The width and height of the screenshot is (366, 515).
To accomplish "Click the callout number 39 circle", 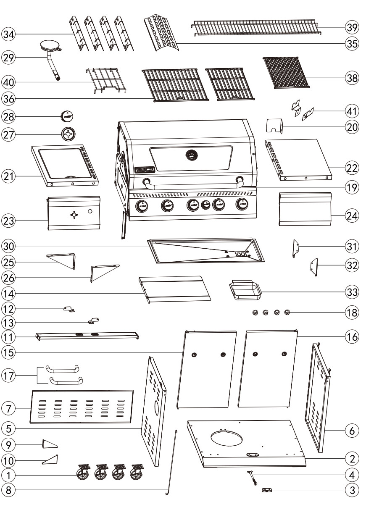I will point(351,27).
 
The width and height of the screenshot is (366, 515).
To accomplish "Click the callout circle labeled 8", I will point(8,489).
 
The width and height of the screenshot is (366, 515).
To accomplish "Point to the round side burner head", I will point(50,46).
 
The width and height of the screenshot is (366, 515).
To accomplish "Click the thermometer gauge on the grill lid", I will point(192,156).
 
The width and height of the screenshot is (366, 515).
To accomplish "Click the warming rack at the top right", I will point(255,27).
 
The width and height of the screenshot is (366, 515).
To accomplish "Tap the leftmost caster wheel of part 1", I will point(84,474).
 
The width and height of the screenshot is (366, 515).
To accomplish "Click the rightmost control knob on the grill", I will point(241,205).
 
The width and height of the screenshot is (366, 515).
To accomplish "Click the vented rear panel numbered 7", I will point(82,406).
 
